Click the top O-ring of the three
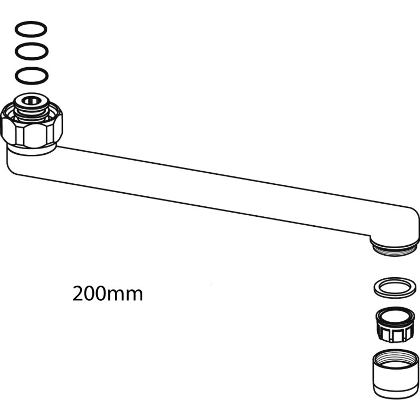tap(31, 29)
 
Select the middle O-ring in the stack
tap(31, 51)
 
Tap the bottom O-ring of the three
tap(31, 76)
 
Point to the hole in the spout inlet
tap(31, 101)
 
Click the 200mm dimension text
tap(108, 293)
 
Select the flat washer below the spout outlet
tap(395, 288)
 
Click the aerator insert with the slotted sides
tap(395, 324)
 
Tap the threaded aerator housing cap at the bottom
tap(395, 374)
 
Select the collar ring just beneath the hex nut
tap(31, 150)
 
